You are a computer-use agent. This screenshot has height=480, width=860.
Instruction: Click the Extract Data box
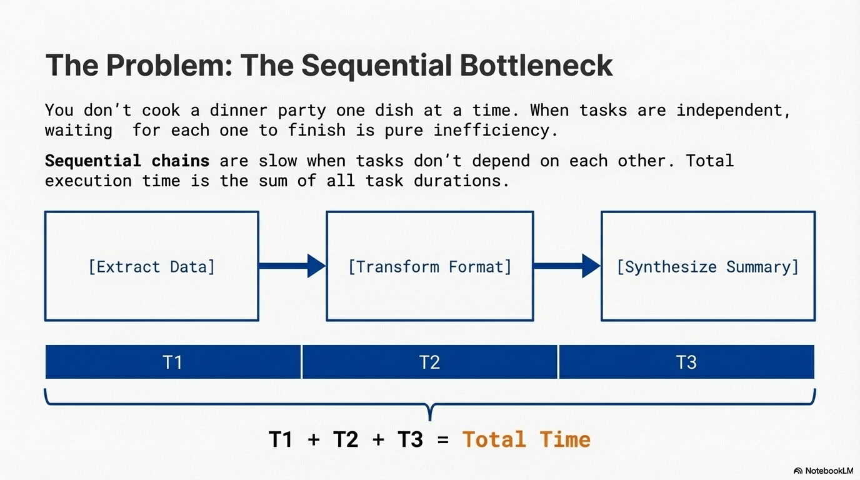click(x=151, y=266)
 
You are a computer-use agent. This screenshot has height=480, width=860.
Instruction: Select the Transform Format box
click(x=429, y=266)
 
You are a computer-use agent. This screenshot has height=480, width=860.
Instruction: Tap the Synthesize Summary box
click(x=707, y=266)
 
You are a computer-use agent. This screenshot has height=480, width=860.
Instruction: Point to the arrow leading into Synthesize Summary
click(x=567, y=266)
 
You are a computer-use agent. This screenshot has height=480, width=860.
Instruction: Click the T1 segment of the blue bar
click(x=172, y=362)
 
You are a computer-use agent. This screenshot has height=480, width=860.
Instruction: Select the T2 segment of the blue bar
click(x=430, y=362)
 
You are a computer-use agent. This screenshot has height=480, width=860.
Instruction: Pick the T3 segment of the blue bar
click(x=686, y=362)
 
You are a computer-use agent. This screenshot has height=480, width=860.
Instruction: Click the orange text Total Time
click(x=526, y=439)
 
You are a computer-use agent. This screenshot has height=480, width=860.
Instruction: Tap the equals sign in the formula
click(x=443, y=440)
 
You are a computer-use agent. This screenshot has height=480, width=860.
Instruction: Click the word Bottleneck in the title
click(x=536, y=66)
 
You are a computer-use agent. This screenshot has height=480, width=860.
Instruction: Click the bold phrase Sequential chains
click(x=127, y=161)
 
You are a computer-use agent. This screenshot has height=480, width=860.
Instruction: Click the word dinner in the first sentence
click(x=238, y=111)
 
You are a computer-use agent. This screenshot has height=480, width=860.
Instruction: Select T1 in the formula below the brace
click(x=281, y=439)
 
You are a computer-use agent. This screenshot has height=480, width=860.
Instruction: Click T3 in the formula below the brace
click(x=410, y=439)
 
